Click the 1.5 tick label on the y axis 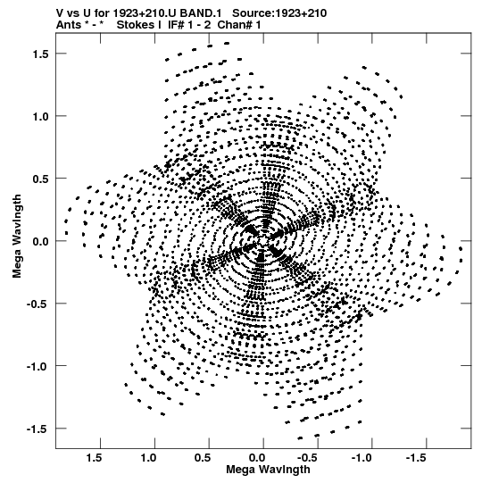tap(40, 54)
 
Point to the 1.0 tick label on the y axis tap(40, 116)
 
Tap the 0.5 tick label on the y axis tap(40, 179)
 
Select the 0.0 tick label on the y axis tap(40, 241)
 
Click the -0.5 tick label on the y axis tap(37, 304)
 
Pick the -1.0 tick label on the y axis tap(37, 367)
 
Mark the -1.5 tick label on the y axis tap(37, 429)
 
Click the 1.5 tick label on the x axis tap(94, 458)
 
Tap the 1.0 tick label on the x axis tap(148, 458)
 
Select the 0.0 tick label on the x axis tap(257, 458)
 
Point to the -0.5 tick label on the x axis tap(308, 458)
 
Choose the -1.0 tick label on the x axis tap(362, 458)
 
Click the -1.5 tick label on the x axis tap(417, 458)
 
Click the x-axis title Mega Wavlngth tap(268, 470)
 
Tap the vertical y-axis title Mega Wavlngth tap(17, 237)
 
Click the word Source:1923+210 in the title tap(279, 13)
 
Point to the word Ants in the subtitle tap(69, 25)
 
